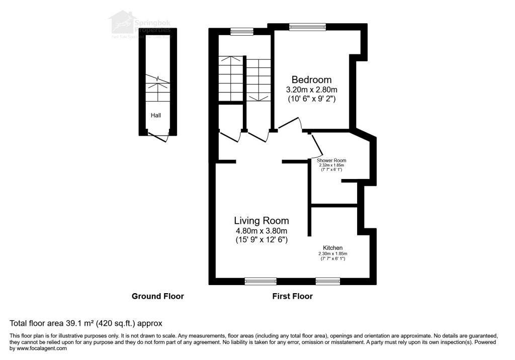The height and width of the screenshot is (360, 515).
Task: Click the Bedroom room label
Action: (311, 79)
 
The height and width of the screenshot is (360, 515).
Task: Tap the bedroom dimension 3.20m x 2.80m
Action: (311, 89)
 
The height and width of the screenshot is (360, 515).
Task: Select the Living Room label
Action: (261, 220)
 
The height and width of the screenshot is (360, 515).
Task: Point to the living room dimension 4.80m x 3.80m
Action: (261, 231)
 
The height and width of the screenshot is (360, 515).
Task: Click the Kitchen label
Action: (332, 248)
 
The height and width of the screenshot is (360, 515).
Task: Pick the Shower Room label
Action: (331, 160)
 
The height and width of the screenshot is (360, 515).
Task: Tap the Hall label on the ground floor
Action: (156, 116)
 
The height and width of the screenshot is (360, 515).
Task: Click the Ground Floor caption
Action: (157, 296)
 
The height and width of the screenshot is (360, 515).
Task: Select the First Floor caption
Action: (292, 296)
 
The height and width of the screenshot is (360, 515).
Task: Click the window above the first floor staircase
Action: (241, 32)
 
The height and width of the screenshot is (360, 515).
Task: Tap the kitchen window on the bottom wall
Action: (327, 281)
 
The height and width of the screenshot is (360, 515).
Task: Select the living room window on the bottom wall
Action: (261, 281)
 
